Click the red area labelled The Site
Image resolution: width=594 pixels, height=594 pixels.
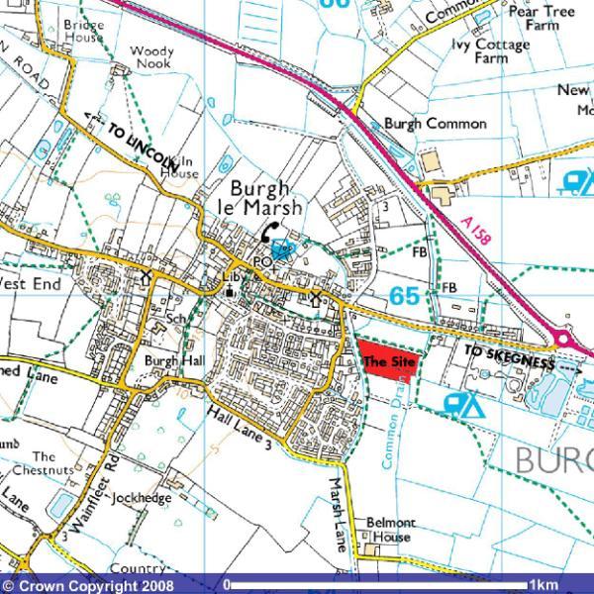(x=388, y=362)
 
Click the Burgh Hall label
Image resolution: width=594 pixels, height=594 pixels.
(x=173, y=361)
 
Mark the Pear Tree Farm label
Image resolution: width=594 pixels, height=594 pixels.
(x=542, y=18)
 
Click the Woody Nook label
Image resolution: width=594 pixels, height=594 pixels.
(x=151, y=57)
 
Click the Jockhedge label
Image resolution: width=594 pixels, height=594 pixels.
(x=143, y=498)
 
